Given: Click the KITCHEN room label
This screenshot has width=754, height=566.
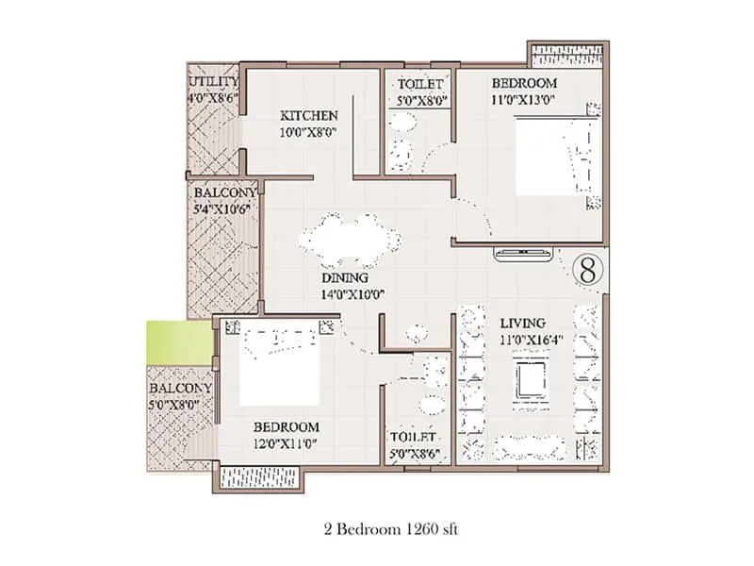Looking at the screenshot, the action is point(309,116).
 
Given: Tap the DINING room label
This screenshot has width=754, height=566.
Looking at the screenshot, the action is point(345,277).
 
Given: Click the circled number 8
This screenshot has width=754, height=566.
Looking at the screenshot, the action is point(588,272).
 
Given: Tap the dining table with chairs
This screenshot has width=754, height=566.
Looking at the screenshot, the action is point(350,240).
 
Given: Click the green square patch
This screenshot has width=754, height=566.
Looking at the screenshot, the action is point(180,342).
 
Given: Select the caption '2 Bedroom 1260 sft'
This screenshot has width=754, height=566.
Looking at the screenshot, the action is point(391,529).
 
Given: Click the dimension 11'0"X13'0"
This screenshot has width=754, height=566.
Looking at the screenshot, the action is point(524,100).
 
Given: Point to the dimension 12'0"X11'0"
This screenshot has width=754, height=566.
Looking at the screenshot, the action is point(286,443).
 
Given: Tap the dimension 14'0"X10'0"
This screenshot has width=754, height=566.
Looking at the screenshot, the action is point(352,294).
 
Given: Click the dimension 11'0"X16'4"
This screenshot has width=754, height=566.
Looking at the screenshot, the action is point(532,340).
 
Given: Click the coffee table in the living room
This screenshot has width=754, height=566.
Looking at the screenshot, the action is point(531,379).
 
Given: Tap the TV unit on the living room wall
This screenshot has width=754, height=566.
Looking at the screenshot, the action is point(524,254).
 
